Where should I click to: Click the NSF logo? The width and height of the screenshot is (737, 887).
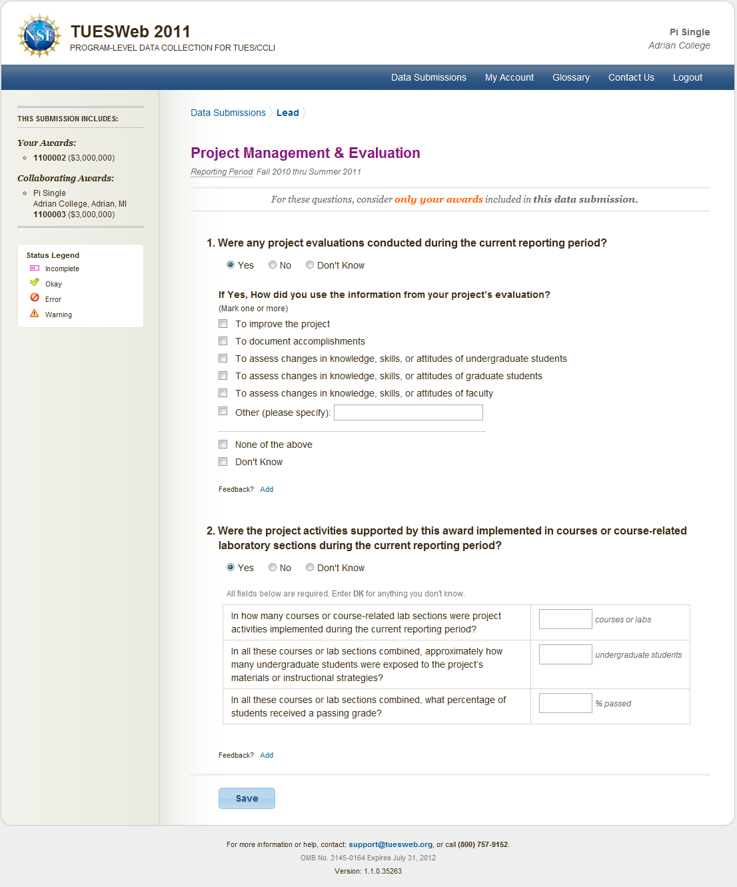coord(40,36)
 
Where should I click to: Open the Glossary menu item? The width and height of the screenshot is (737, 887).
coord(570,77)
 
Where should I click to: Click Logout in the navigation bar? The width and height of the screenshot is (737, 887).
coord(687,77)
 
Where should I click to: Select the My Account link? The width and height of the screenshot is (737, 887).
coord(509,77)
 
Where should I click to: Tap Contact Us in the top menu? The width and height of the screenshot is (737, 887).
coord(631,77)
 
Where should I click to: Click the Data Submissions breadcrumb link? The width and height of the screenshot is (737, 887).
coord(228,113)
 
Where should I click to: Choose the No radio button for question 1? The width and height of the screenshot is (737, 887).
coord(273,265)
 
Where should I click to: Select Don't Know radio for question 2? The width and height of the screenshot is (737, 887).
coord(310,568)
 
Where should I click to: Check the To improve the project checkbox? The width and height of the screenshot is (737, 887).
coord(223,324)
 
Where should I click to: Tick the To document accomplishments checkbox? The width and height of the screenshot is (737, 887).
coord(223,341)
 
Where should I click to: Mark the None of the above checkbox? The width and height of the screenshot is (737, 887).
coord(223,444)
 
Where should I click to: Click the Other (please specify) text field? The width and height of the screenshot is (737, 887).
coord(408,413)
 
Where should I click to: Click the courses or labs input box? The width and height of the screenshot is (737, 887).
coord(565,619)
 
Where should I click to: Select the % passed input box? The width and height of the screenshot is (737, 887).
coord(565,703)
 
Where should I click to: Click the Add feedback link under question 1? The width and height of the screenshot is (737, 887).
coord(267,489)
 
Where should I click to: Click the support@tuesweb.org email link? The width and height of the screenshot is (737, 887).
coord(390,844)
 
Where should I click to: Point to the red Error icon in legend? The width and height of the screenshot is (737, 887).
coord(35,298)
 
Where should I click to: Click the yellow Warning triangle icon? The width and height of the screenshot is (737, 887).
coord(35,313)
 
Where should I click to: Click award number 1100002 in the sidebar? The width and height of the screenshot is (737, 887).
coord(50,158)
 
